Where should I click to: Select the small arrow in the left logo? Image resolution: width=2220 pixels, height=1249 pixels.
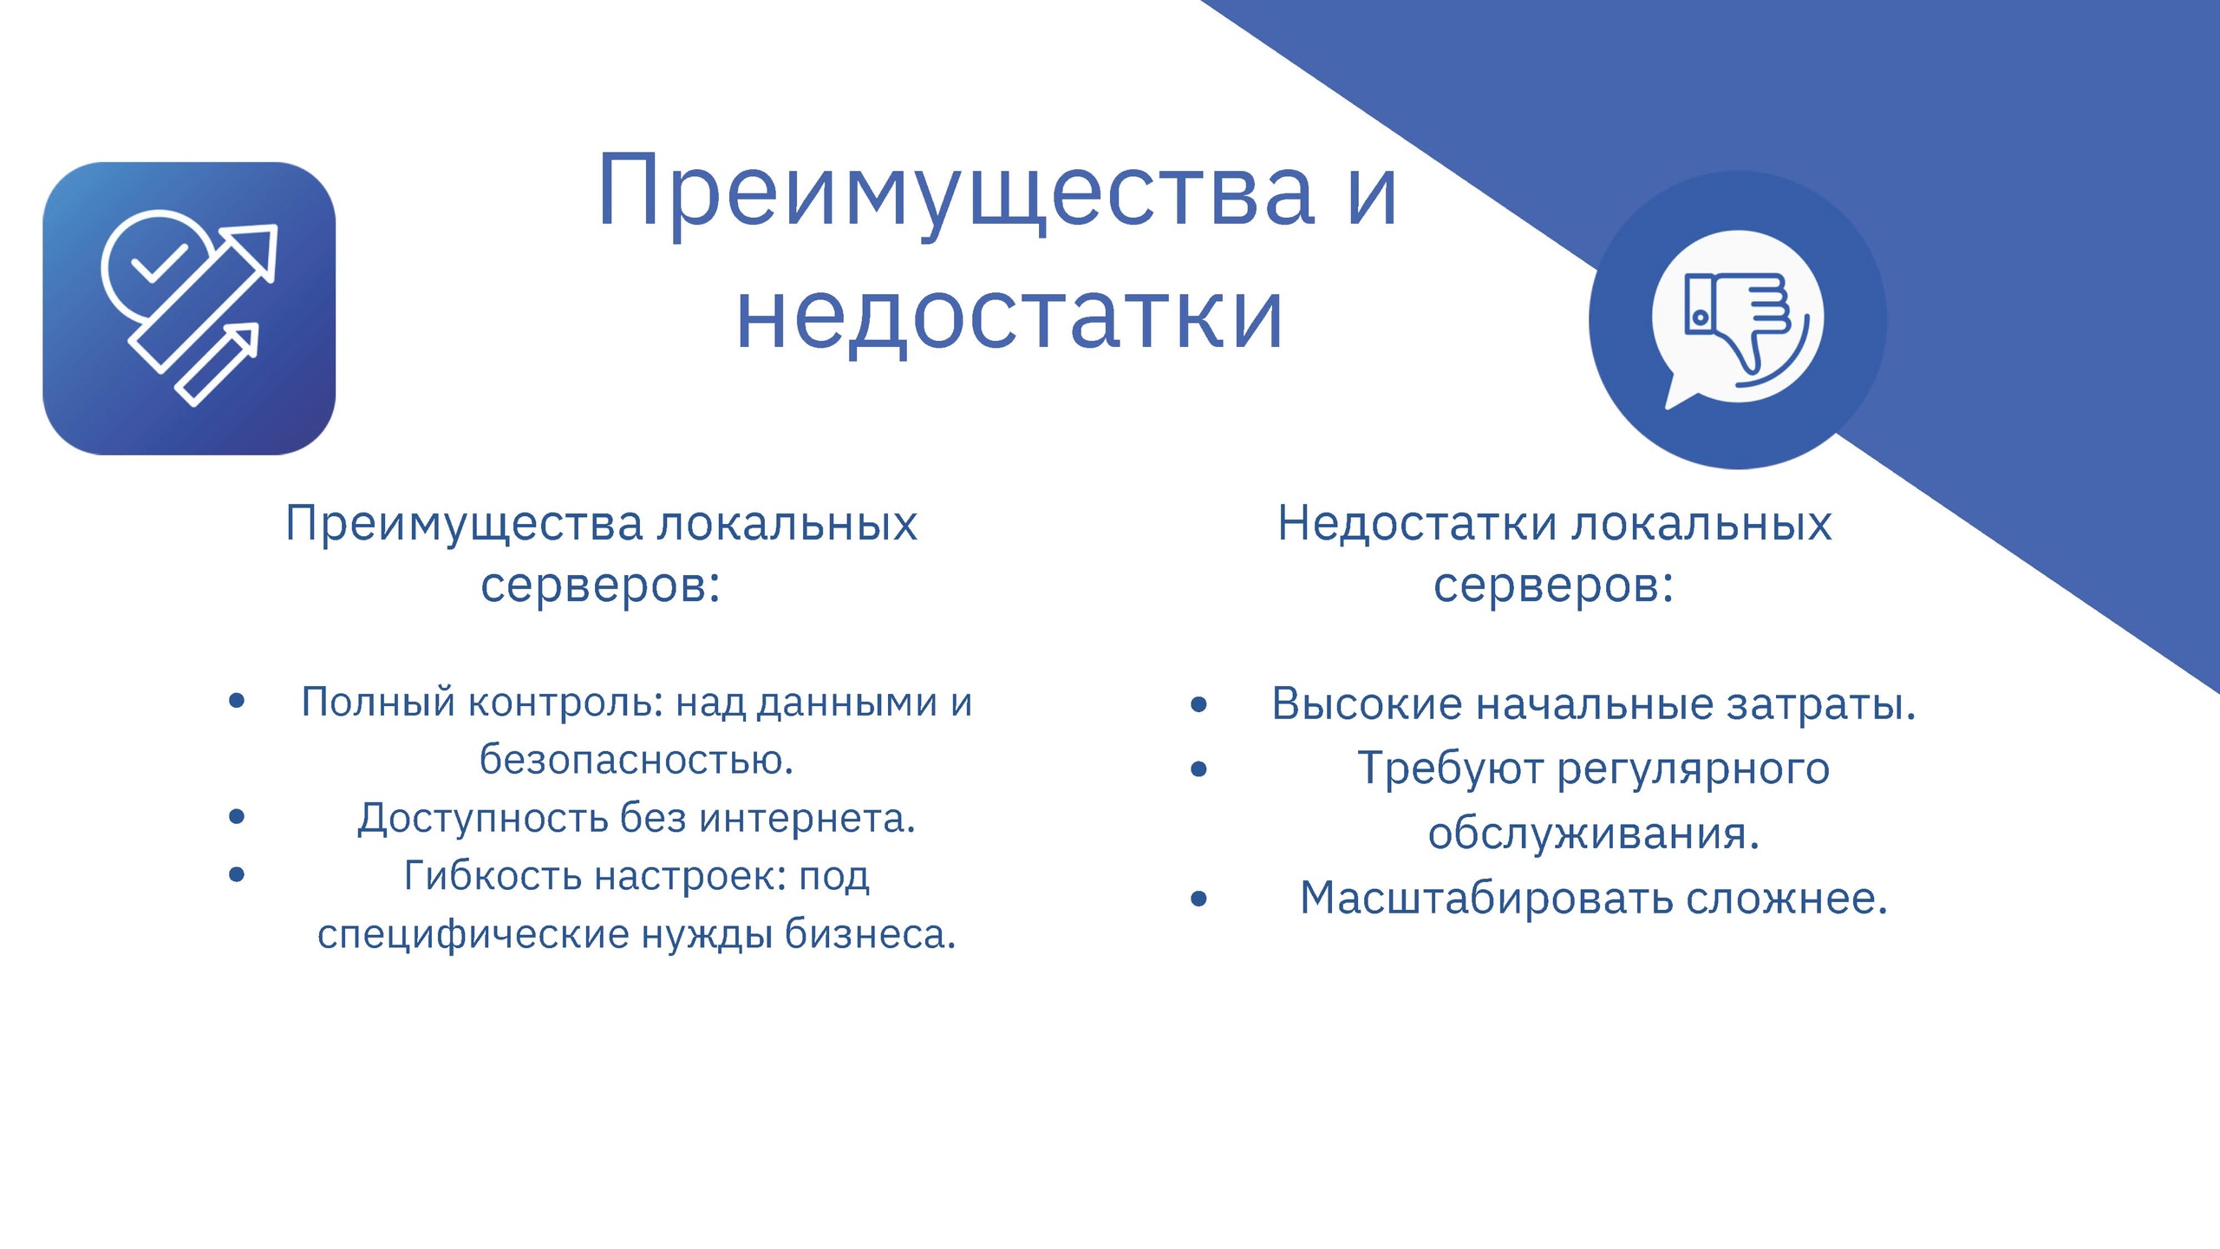pyautogui.click(x=218, y=365)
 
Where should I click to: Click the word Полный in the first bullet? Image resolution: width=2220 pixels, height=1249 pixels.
pyautogui.click(x=378, y=703)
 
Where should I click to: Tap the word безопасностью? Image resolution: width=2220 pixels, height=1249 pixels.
pyautogui.click(x=637, y=761)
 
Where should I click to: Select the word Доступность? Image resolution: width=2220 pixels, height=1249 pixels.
pyautogui.click(x=482, y=819)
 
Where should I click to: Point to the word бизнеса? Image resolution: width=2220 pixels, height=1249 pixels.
pyautogui.click(x=870, y=934)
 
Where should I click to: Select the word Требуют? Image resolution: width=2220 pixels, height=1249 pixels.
pyautogui.click(x=1450, y=769)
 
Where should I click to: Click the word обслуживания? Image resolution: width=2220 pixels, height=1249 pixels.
pyautogui.click(x=1594, y=834)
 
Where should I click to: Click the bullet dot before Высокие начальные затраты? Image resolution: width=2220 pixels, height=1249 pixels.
pyautogui.click(x=1198, y=704)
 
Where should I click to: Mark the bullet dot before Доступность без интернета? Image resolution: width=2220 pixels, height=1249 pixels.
pyautogui.click(x=237, y=816)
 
